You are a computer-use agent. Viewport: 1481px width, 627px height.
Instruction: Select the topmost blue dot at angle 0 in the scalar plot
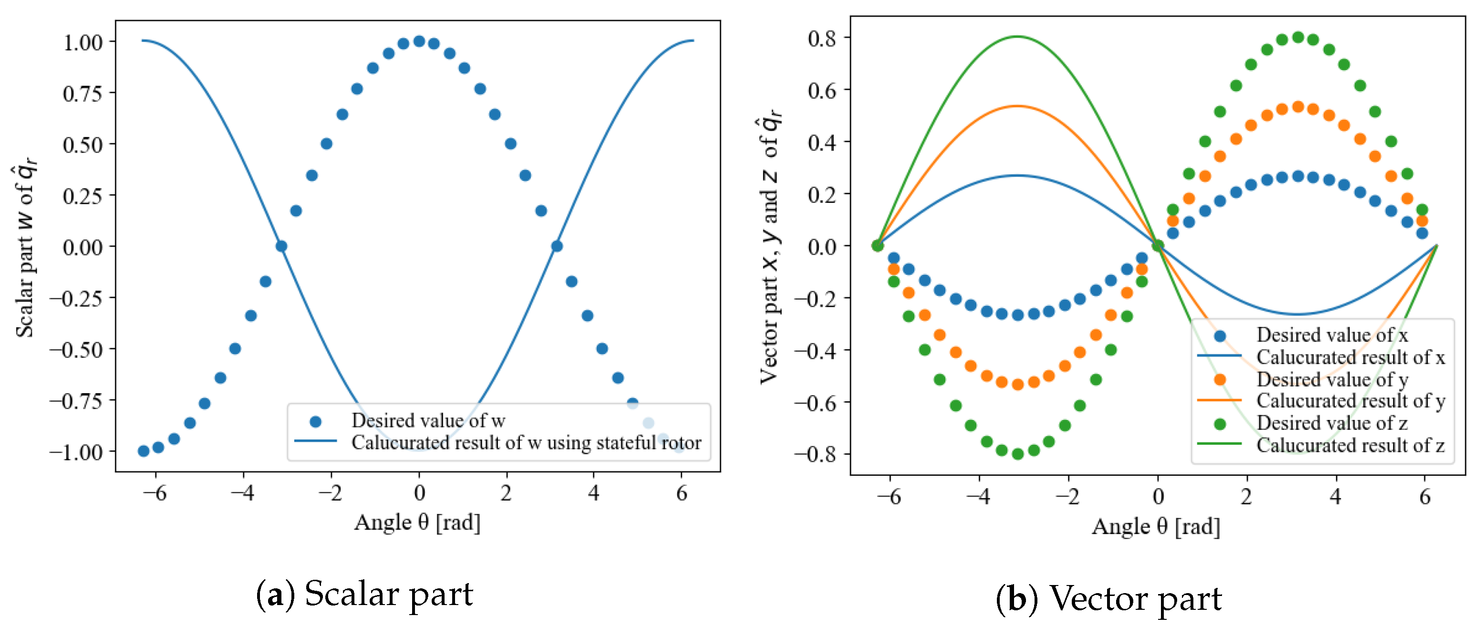pyautogui.click(x=419, y=42)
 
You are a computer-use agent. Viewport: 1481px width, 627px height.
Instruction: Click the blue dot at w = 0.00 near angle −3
pyautogui.click(x=281, y=246)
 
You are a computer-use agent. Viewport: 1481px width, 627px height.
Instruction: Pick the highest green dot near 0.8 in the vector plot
pyautogui.click(x=1297, y=37)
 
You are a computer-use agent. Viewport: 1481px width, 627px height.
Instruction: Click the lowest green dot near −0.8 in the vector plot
pyautogui.click(x=1017, y=454)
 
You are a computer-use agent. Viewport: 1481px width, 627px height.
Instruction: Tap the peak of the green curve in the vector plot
pyautogui.click(x=1017, y=37)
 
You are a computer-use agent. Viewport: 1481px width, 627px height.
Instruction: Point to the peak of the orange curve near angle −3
pyautogui.click(x=1017, y=106)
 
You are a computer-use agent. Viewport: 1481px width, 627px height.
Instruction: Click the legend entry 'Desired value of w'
pyautogui.click(x=428, y=420)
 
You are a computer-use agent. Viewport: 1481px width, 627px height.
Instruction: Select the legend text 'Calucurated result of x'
pyautogui.click(x=1350, y=357)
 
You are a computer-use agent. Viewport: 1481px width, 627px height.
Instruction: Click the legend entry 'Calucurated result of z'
pyautogui.click(x=1350, y=445)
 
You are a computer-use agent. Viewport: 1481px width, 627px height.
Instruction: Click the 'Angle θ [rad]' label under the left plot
pyautogui.click(x=417, y=522)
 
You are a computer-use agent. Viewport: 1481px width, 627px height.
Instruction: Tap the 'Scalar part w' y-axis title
pyautogui.click(x=25, y=247)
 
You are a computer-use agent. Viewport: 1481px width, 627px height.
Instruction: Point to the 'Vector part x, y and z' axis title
pyautogui.click(x=770, y=247)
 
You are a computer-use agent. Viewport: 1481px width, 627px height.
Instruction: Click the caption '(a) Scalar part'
pyautogui.click(x=364, y=594)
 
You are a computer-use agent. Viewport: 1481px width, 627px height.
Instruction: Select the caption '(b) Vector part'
pyautogui.click(x=1108, y=599)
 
